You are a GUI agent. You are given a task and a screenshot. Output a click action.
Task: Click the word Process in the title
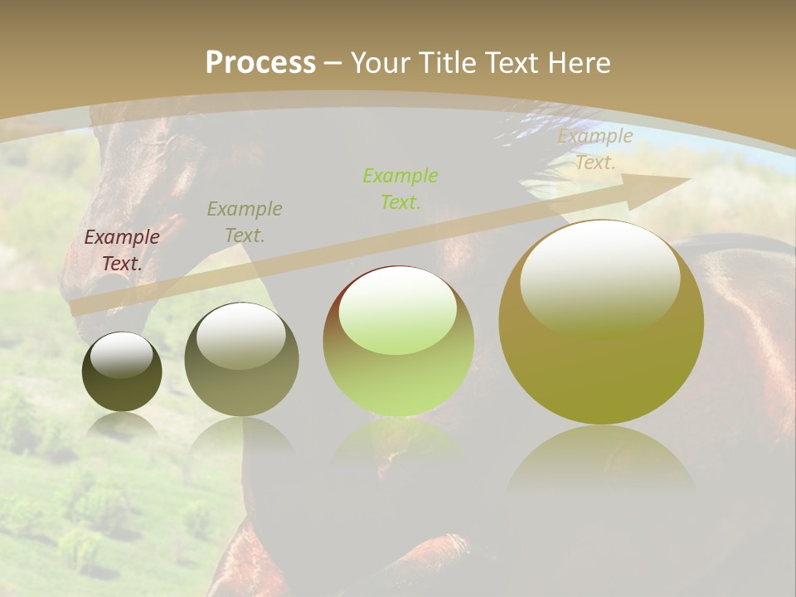(x=260, y=62)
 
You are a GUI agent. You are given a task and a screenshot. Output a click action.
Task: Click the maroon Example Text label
(x=122, y=250)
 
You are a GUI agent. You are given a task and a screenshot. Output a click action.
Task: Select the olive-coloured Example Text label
(x=245, y=221)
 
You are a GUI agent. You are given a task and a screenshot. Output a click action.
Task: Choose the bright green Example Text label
(x=400, y=188)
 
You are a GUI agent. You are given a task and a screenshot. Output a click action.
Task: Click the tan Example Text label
(x=595, y=149)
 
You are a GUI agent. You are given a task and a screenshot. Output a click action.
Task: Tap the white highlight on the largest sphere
(x=599, y=279)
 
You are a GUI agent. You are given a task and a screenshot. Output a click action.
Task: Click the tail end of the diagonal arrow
(x=79, y=308)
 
